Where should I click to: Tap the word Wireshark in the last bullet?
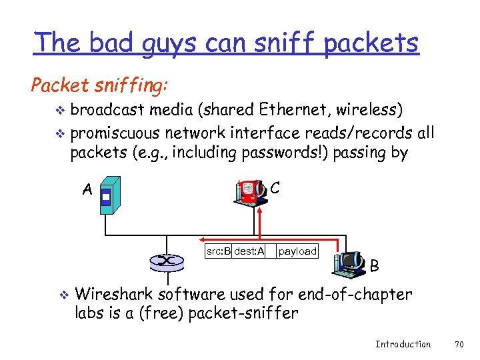118,294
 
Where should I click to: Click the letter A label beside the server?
87,189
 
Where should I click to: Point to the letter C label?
275,188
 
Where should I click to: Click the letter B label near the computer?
374,266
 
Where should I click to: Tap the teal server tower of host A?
109,195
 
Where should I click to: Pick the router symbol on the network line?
167,261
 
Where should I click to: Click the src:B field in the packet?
218,251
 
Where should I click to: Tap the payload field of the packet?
297,251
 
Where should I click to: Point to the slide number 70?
458,344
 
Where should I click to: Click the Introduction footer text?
403,344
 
